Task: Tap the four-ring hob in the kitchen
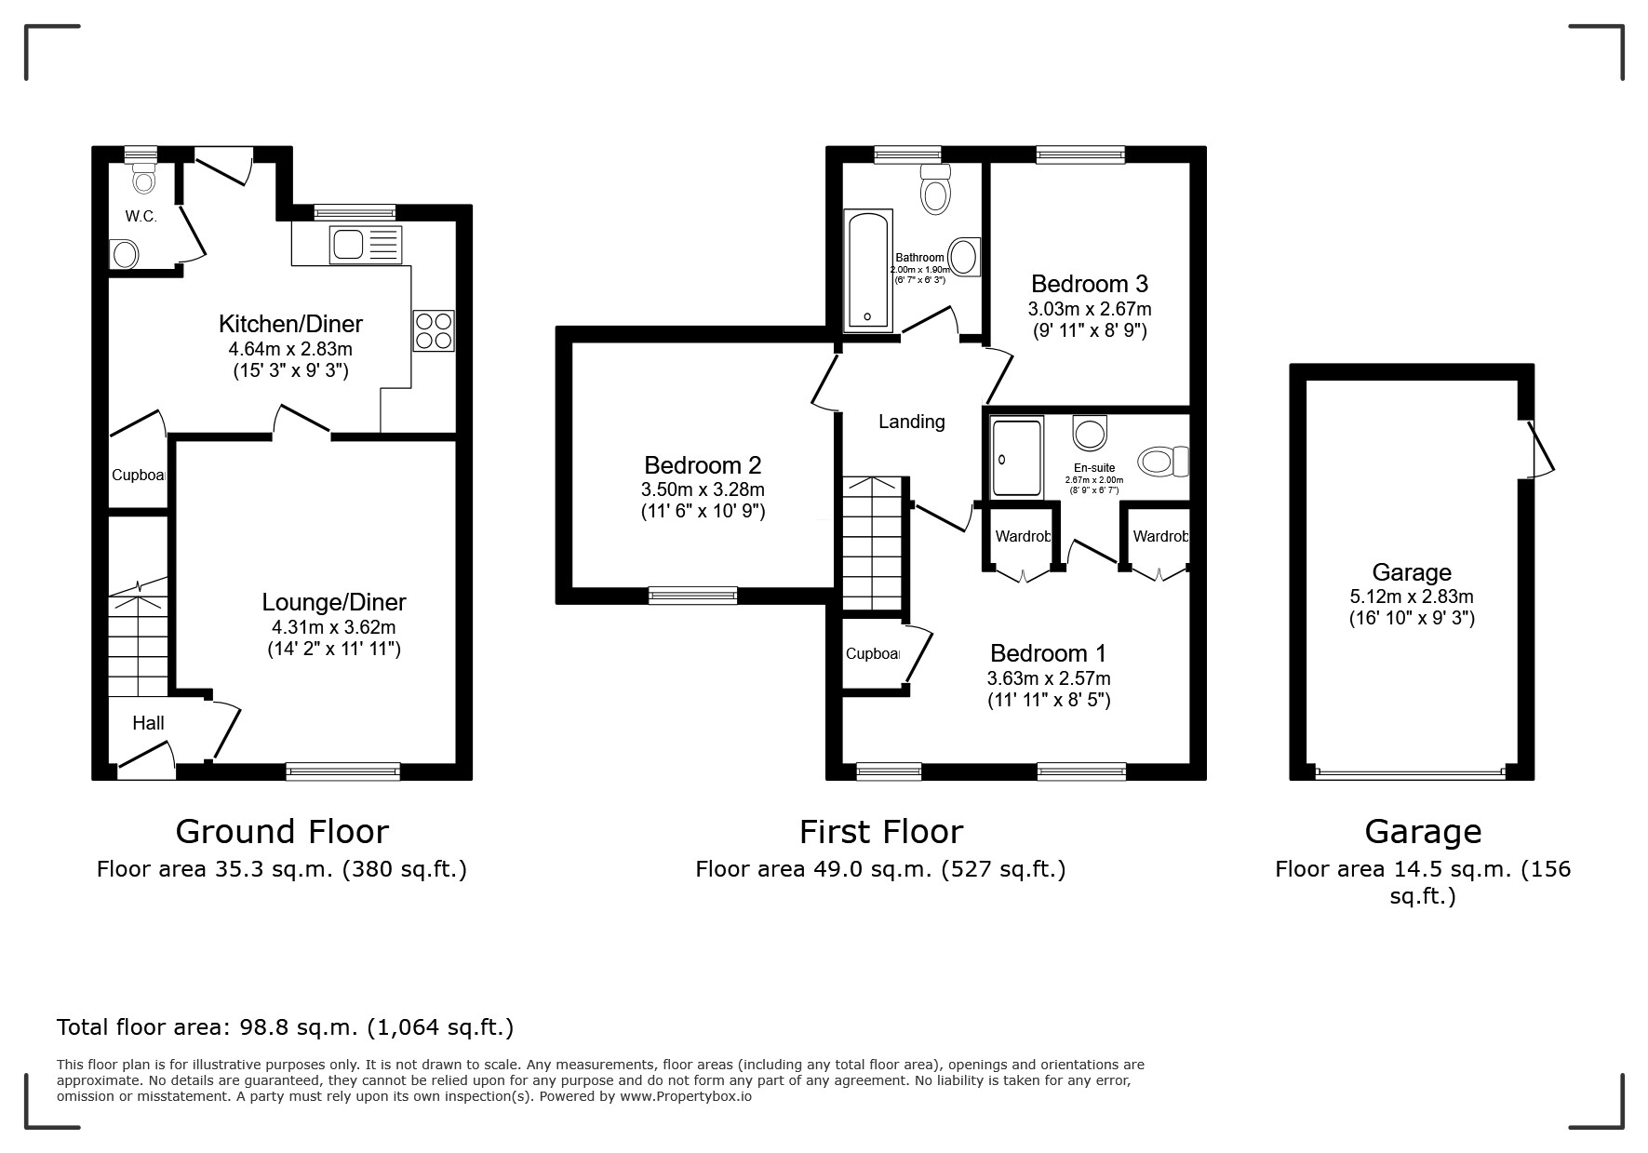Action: pyautogui.click(x=434, y=330)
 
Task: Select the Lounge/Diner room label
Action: pyautogui.click(x=333, y=602)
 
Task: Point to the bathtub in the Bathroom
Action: pyautogui.click(x=867, y=270)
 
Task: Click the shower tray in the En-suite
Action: pyautogui.click(x=1016, y=457)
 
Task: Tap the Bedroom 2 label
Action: pyautogui.click(x=703, y=464)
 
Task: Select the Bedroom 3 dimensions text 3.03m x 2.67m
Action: pyautogui.click(x=1089, y=309)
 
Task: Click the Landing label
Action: pyautogui.click(x=911, y=422)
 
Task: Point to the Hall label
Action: pyautogui.click(x=148, y=723)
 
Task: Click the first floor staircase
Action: pyautogui.click(x=873, y=543)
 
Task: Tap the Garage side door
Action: pyautogui.click(x=1539, y=450)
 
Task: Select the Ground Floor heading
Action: pyautogui.click(x=282, y=831)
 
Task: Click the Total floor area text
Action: pyautogui.click(x=285, y=1027)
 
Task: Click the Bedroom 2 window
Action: pyautogui.click(x=692, y=596)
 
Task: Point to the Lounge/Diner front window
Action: pyautogui.click(x=342, y=771)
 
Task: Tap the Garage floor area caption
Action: pyautogui.click(x=1422, y=881)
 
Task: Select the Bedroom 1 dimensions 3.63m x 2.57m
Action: pyautogui.click(x=1049, y=678)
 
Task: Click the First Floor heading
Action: pyautogui.click(x=880, y=831)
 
